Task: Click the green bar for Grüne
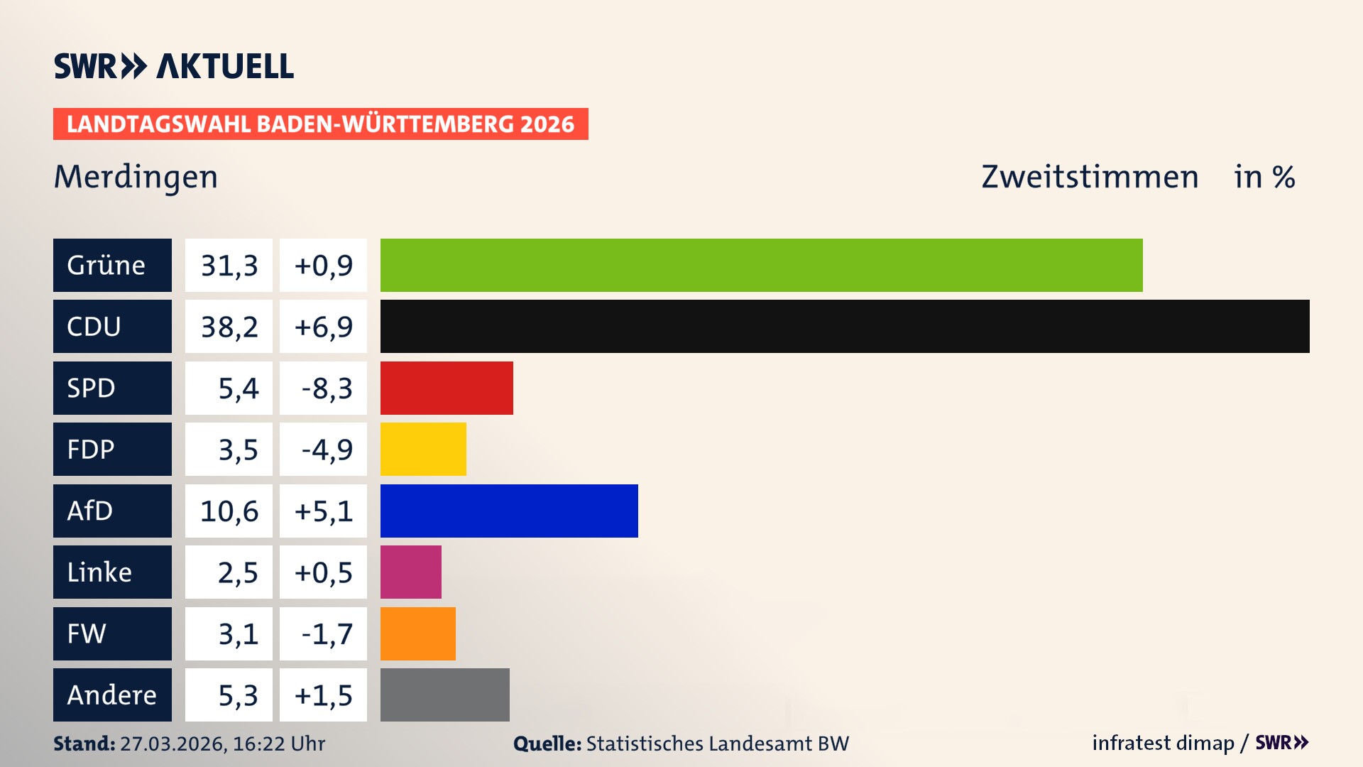pyautogui.click(x=761, y=265)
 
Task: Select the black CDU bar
pyautogui.click(x=845, y=327)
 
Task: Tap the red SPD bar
pyautogui.click(x=447, y=388)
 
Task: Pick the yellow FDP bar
pyautogui.click(x=423, y=450)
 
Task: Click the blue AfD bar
pyautogui.click(x=509, y=511)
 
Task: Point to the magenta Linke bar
pyautogui.click(x=410, y=572)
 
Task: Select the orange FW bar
pyautogui.click(x=417, y=633)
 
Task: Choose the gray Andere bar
pyautogui.click(x=444, y=695)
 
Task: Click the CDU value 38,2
pyautogui.click(x=229, y=327)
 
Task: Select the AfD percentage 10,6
pyautogui.click(x=229, y=511)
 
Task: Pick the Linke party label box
pyautogui.click(x=112, y=572)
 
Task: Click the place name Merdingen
pyautogui.click(x=136, y=177)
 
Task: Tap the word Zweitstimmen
pyautogui.click(x=1090, y=177)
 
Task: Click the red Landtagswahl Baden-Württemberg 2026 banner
pyautogui.click(x=320, y=124)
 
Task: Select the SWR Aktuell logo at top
pyautogui.click(x=174, y=66)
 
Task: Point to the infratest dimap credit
pyautogui.click(x=1163, y=743)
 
